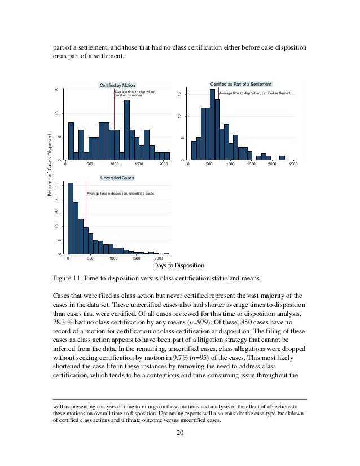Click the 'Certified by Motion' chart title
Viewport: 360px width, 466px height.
pyautogui.click(x=117, y=85)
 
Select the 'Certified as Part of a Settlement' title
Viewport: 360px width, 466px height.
pyautogui.click(x=241, y=83)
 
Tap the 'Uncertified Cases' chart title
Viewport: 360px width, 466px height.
pyautogui.click(x=117, y=178)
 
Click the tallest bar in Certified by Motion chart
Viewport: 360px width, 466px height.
pyautogui.click(x=127, y=130)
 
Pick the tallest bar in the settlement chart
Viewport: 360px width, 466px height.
pyautogui.click(x=212, y=125)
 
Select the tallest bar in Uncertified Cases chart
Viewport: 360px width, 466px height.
pyautogui.click(x=70, y=218)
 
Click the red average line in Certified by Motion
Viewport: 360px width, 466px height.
pyautogui.click(x=115, y=124)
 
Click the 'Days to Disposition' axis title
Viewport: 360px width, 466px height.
pyautogui.click(x=179, y=265)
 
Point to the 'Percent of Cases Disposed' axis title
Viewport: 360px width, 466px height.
pyautogui.click(x=50, y=165)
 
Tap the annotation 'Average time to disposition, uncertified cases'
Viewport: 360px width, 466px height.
pyautogui.click(x=120, y=194)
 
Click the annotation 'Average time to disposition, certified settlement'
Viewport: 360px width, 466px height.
pyautogui.click(x=254, y=92)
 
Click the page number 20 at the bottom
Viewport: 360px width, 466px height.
pyautogui.click(x=179, y=433)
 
